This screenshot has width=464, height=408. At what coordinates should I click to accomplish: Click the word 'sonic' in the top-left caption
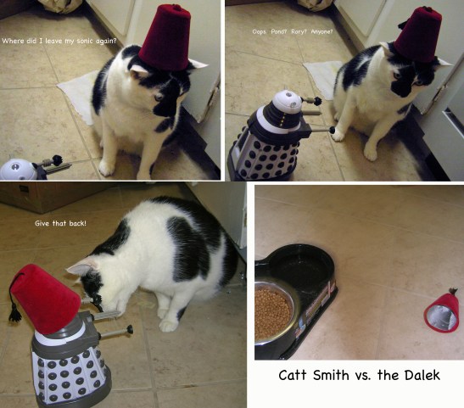[x=85, y=41]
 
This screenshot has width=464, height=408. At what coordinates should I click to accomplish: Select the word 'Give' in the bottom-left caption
[x=42, y=223]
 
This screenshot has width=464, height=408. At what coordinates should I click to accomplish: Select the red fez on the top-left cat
[x=165, y=38]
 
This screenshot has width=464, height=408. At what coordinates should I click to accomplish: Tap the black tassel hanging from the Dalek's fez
[x=14, y=314]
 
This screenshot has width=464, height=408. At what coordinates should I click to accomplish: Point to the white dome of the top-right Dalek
[x=287, y=102]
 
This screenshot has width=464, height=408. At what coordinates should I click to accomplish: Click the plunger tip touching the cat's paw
[x=333, y=130]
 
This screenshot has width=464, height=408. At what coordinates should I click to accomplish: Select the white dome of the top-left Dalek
[x=19, y=170]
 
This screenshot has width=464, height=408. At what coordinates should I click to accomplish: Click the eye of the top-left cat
[x=159, y=97]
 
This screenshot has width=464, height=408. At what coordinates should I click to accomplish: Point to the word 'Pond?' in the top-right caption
[x=278, y=31]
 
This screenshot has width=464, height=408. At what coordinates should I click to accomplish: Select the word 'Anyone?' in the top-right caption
[x=321, y=31]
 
